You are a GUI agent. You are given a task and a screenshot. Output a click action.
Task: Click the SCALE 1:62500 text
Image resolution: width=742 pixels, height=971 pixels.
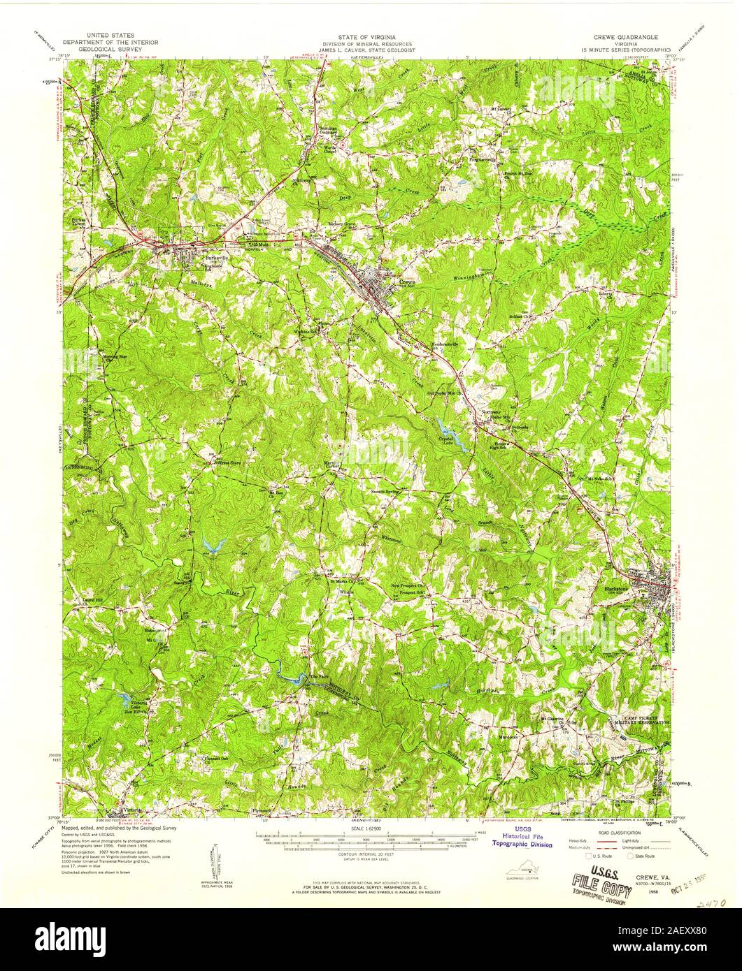pyautogui.click(x=371, y=828)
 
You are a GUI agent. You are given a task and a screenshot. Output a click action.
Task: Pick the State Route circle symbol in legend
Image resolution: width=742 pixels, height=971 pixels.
pyautogui.click(x=631, y=855)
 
